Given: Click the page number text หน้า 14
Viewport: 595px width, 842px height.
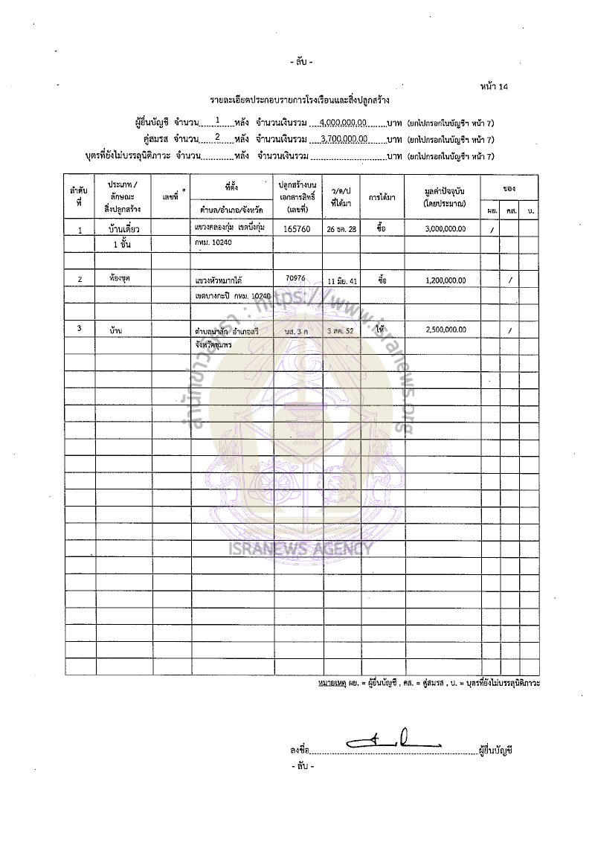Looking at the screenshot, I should tap(495, 87).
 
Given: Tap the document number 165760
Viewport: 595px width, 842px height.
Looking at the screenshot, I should tap(297, 230).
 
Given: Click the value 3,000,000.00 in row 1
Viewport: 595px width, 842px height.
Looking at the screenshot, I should tap(446, 230).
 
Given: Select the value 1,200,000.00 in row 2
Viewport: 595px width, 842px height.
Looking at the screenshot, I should tap(446, 280).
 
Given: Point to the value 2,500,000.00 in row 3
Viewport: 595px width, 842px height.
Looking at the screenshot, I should tap(446, 329).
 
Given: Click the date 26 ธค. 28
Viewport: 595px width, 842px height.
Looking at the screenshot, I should tap(341, 231).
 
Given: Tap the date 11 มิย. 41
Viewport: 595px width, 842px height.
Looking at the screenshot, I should tap(341, 281).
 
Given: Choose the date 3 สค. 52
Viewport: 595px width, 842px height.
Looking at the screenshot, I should tap(341, 330).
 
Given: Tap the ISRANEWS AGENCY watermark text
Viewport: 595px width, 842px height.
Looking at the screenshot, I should tap(299, 550).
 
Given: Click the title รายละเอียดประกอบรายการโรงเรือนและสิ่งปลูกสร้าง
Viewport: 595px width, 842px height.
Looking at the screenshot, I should tap(300, 99).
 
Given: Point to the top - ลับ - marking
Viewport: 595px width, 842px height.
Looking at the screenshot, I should tap(302, 61).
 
